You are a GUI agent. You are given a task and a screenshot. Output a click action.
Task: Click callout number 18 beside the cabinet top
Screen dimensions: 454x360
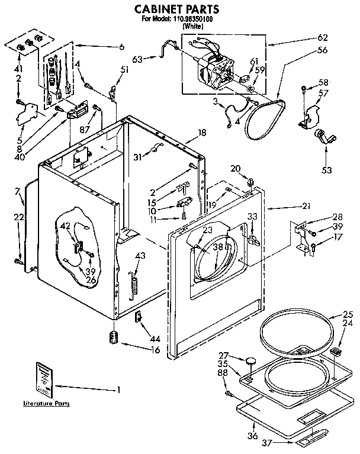point(202,133)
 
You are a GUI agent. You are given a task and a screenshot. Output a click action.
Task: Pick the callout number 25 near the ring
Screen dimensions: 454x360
point(348,314)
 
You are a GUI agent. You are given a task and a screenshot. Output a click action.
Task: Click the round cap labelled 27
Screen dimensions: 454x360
point(252,359)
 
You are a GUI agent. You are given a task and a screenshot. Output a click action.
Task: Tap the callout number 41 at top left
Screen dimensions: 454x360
point(18,67)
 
